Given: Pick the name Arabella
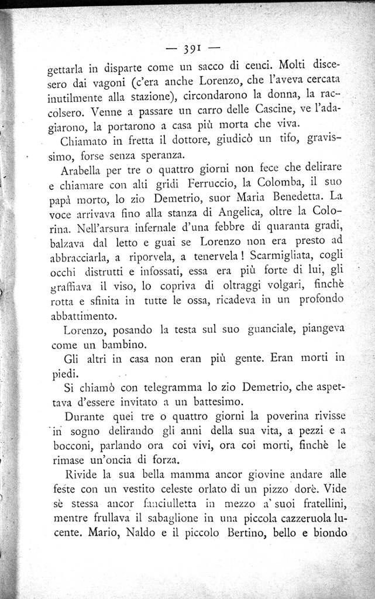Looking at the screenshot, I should tap(82, 172).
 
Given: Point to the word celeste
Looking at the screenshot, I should tap(183, 489).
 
